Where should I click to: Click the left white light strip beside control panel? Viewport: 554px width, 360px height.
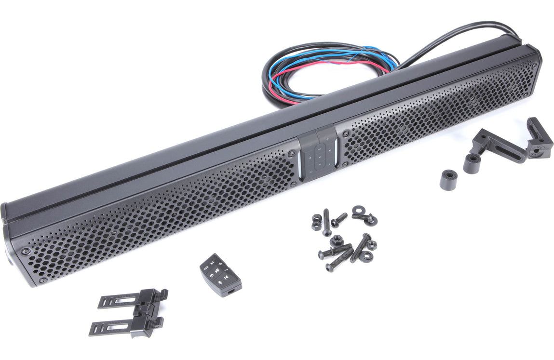(x=300, y=163)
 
